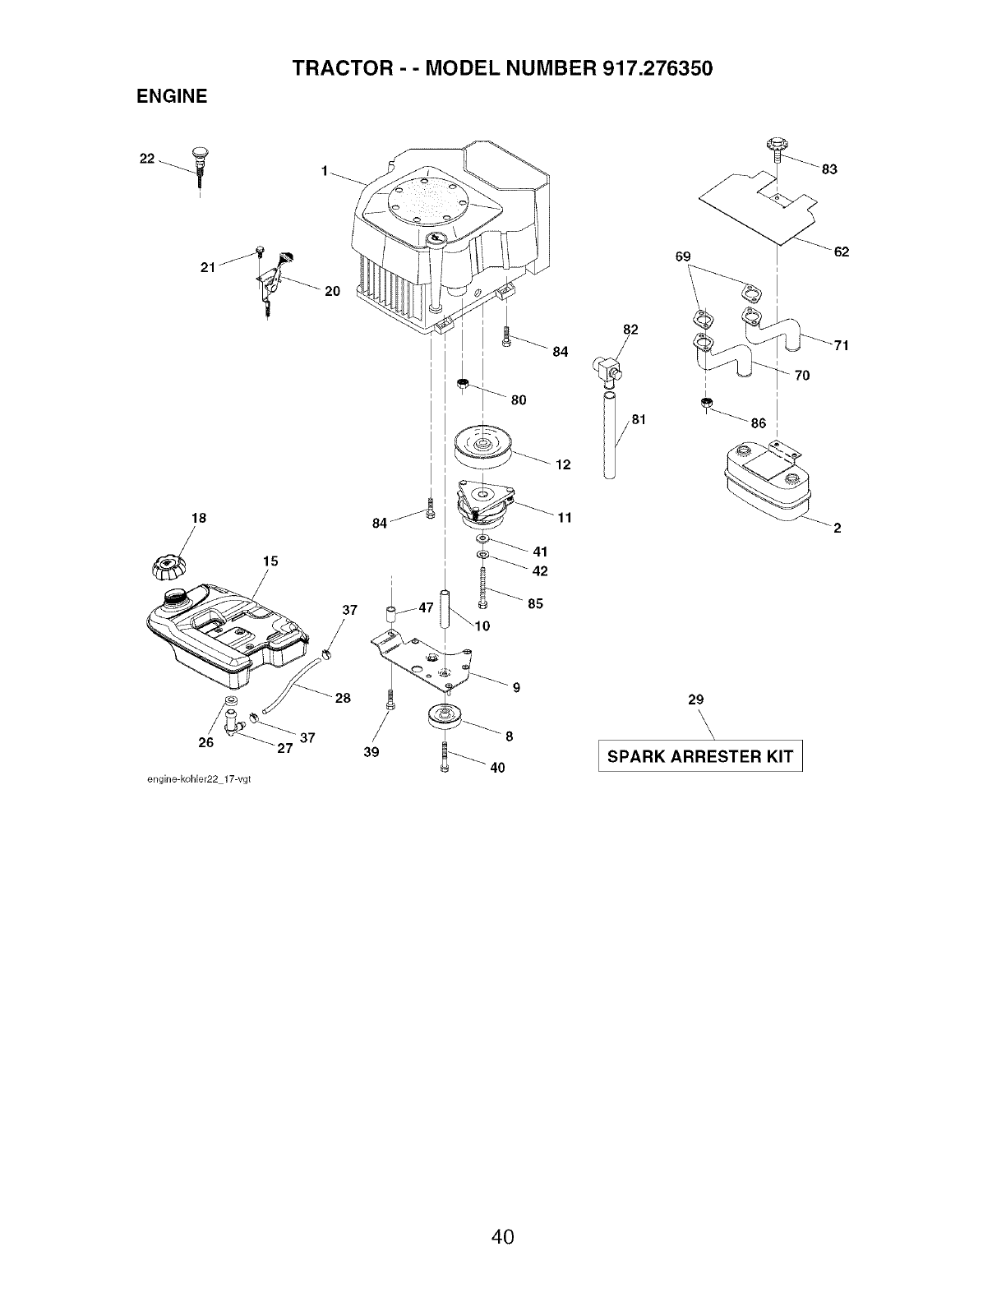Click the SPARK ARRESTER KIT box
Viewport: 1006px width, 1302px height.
700,756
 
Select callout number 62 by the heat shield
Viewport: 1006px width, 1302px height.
841,252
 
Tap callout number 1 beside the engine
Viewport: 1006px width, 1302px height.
325,171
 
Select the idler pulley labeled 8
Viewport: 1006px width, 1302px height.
445,717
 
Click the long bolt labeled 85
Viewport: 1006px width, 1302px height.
482,589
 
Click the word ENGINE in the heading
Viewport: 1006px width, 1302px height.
171,97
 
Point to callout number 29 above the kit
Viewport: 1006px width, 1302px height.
695,699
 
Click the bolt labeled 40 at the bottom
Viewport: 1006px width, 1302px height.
445,755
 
